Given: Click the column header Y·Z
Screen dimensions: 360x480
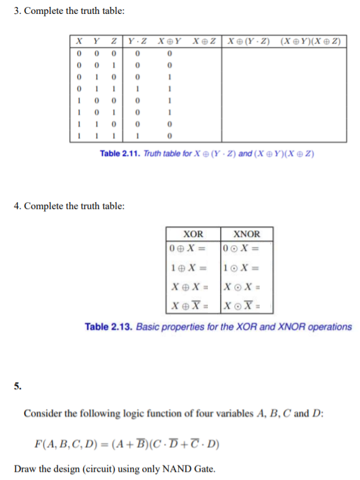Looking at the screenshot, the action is coord(137,42).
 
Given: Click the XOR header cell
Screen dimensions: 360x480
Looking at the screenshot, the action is coord(193,234).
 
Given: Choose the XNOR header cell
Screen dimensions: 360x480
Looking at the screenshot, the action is coord(246,234).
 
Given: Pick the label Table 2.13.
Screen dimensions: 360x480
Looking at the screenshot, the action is coord(108,327).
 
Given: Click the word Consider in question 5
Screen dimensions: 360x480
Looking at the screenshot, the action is coord(44,414).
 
